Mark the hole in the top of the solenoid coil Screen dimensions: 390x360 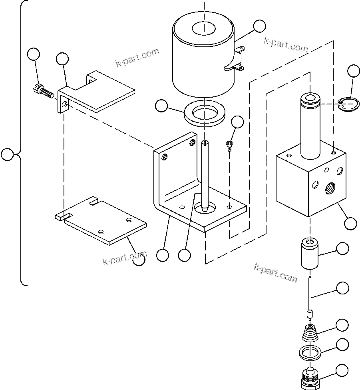pyautogui.click(x=204, y=28)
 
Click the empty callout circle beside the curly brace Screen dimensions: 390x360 pyautogui.click(x=7, y=154)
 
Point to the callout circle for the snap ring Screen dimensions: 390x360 pyautogui.click(x=354, y=71)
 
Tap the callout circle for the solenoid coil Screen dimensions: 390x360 pyautogui.click(x=259, y=26)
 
